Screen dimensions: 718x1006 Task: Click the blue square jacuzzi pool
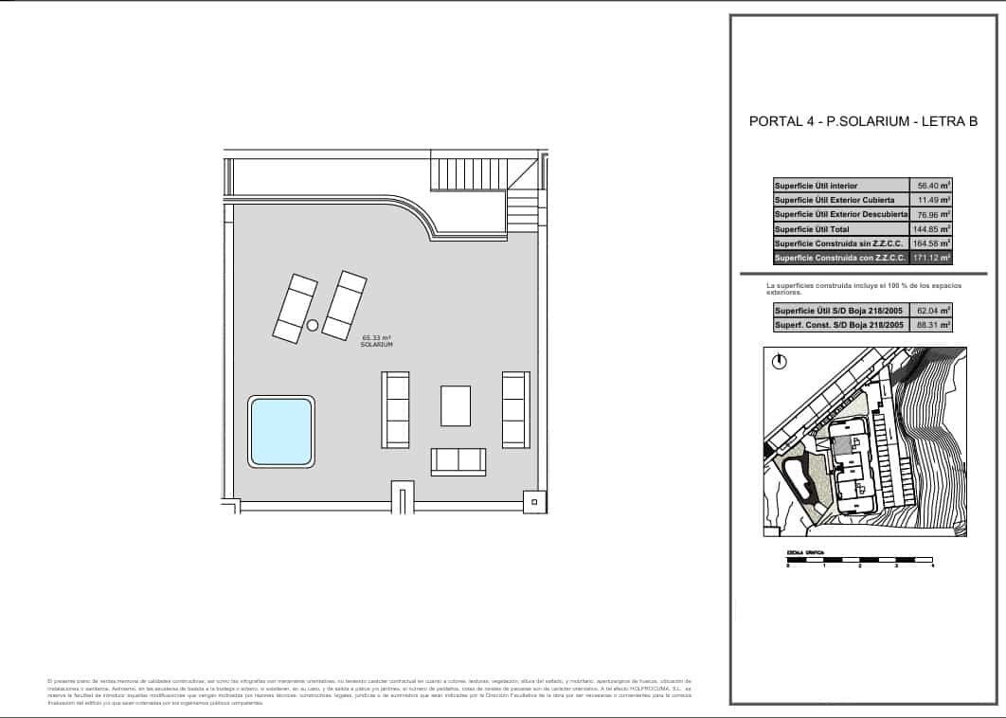(x=281, y=431)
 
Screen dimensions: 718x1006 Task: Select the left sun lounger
(x=295, y=308)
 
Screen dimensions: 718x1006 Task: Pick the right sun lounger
(x=344, y=304)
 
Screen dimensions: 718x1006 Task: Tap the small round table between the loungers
(x=313, y=326)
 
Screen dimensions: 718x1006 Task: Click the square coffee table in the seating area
(x=455, y=405)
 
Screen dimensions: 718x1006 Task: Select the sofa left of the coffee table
(x=395, y=409)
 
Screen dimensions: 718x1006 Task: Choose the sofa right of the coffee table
(x=515, y=409)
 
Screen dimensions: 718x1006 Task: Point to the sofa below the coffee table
(x=458, y=461)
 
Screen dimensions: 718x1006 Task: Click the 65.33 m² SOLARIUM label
(x=376, y=341)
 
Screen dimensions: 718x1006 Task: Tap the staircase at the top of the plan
(x=467, y=173)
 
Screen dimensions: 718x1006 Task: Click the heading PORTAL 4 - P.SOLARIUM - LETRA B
(x=863, y=121)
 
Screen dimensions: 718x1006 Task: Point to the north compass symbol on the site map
(x=778, y=361)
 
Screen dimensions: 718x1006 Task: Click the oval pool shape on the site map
(x=797, y=478)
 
